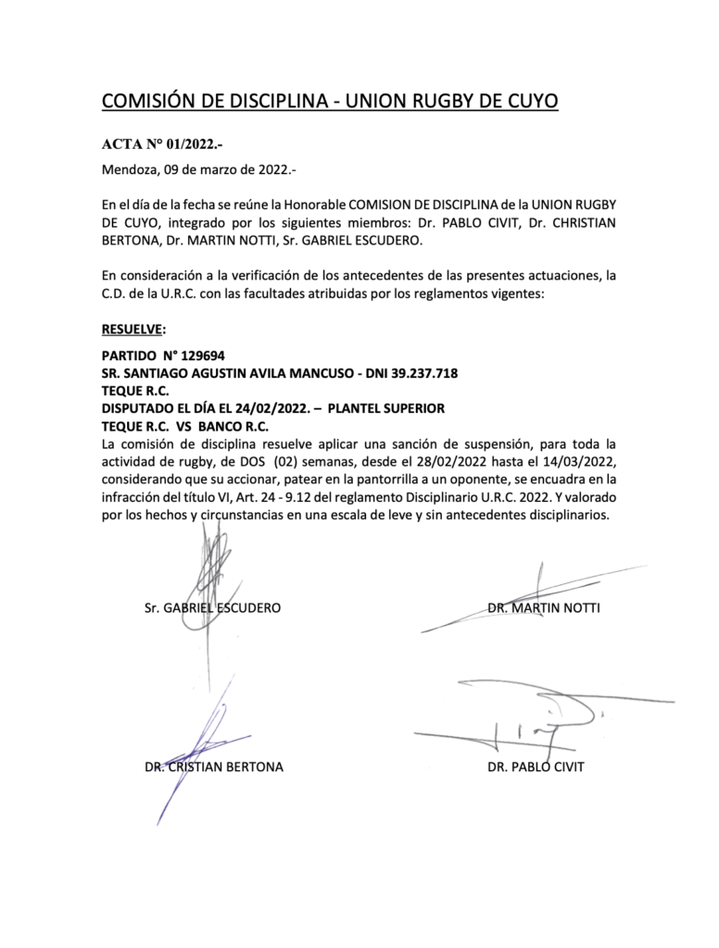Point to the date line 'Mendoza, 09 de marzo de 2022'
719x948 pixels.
(198, 170)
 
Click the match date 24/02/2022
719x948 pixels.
(266, 408)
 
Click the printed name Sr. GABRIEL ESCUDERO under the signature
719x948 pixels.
(212, 608)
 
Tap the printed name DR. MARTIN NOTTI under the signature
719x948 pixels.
(544, 608)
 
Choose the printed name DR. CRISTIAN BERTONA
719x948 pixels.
(214, 767)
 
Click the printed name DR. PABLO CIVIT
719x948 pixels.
(536, 767)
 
